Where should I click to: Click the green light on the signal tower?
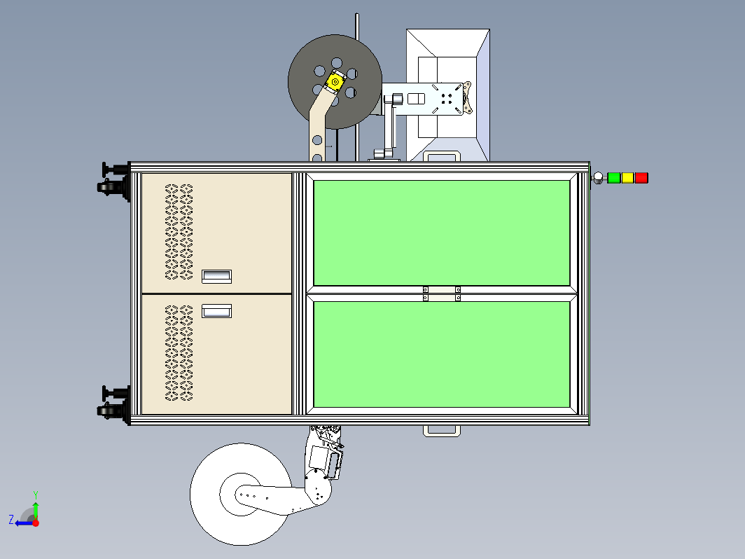coord(614,178)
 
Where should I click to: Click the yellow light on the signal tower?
coord(627,178)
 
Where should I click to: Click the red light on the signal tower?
coord(641,178)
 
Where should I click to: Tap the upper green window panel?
coord(442,233)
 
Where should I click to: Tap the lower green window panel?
coord(442,354)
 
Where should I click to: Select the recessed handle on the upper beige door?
coord(216,277)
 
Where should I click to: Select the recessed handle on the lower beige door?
coord(216,311)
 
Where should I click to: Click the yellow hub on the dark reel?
coord(335,82)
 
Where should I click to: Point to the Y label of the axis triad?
coord(36,495)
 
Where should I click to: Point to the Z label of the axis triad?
coord(11,520)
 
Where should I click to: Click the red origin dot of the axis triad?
coord(36,523)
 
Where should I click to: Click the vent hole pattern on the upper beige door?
coord(179,232)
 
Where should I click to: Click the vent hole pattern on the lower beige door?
coord(179,353)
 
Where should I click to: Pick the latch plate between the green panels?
coord(441,294)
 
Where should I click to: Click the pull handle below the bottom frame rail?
coord(442,431)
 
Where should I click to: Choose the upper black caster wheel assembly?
coord(114,181)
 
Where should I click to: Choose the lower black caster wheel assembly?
coord(114,405)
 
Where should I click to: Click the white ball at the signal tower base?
coord(598,178)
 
